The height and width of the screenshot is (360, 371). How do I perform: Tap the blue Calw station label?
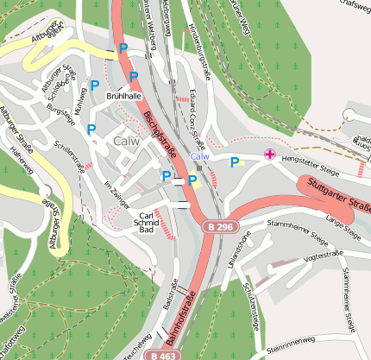(x=199, y=157)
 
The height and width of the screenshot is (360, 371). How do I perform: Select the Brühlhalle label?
(x=123, y=97)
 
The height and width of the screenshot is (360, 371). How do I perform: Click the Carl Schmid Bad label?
(x=148, y=223)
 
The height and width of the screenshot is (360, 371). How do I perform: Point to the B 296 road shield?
(x=219, y=226)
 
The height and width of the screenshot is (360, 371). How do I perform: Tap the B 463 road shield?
(x=161, y=354)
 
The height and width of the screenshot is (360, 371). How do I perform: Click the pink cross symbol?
(x=270, y=155)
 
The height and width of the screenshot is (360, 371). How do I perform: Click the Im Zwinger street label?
(x=116, y=195)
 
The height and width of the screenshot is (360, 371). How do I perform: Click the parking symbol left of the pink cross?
(x=234, y=161)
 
